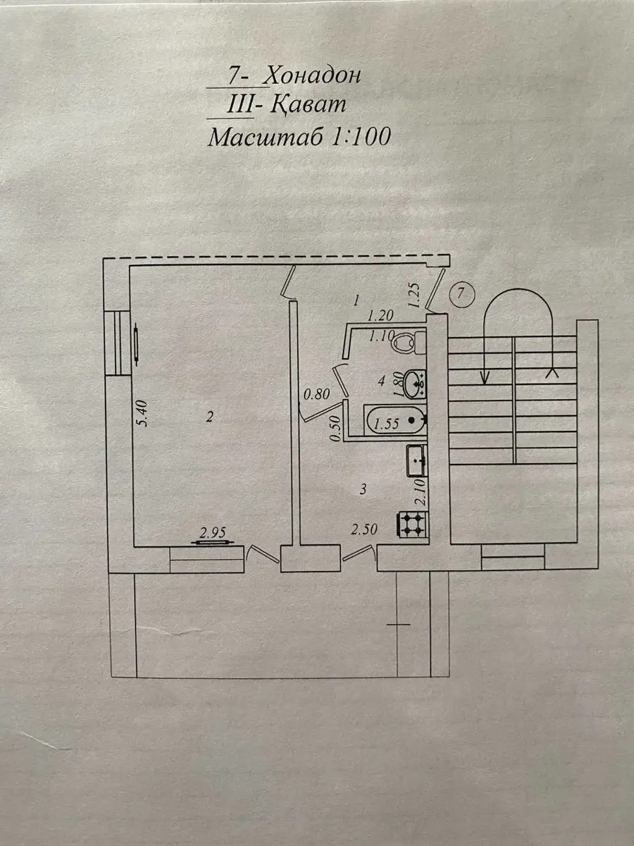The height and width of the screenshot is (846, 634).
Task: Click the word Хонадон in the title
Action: point(313,75)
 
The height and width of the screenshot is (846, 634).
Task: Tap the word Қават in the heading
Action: point(309,104)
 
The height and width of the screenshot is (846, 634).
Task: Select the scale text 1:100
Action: point(360,137)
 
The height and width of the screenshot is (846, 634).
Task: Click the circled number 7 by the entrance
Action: point(461,294)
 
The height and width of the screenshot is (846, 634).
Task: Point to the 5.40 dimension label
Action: point(142,414)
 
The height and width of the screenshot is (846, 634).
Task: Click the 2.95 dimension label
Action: point(213,533)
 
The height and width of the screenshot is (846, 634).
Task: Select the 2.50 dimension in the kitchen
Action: point(363,529)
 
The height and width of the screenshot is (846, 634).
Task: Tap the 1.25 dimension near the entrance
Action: point(415,295)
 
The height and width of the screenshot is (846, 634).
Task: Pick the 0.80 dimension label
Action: point(316,394)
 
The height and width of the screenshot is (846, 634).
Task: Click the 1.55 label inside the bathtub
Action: point(386,424)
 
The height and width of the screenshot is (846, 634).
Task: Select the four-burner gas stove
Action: point(412,525)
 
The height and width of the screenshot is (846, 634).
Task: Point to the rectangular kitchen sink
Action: point(417,461)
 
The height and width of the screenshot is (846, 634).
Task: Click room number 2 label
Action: point(209,417)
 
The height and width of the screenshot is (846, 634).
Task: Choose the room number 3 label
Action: point(362,489)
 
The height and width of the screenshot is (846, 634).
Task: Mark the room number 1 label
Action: point(357,300)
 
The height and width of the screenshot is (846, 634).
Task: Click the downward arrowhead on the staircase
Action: point(485,377)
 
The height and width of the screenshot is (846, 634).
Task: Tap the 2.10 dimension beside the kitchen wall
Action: point(421,493)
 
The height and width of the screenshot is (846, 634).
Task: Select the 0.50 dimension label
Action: point(336,429)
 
